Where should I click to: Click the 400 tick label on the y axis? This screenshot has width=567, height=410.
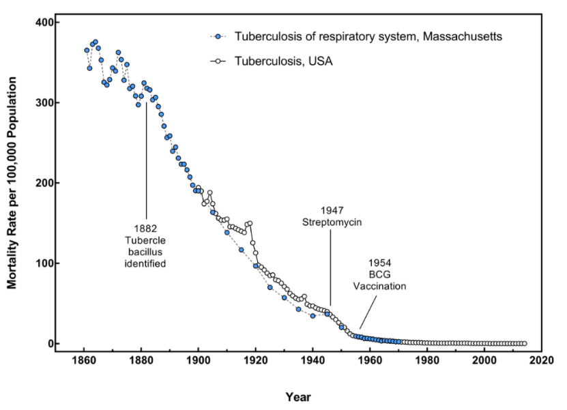pos(43,23)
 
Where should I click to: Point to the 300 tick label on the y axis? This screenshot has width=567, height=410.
pos(43,103)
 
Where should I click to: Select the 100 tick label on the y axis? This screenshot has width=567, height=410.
pos(43,263)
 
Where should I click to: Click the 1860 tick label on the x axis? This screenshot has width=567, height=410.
pos(84,360)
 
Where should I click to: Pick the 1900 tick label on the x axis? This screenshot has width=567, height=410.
pos(198,360)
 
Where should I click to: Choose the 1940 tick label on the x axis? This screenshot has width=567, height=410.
pos(312,360)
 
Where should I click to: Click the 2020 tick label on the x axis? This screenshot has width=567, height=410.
pos(541,360)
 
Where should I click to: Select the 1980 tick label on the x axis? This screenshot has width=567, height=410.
pos(427,360)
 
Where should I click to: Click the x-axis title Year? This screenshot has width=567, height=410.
pos(298,397)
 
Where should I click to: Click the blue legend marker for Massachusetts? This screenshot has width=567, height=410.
pos(218,37)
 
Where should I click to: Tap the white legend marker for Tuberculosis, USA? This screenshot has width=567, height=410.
pos(218,61)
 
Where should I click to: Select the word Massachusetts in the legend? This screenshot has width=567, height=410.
pos(463,37)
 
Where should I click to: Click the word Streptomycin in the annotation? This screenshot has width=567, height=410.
pos(332,222)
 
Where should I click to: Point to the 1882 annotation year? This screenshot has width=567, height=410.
pos(145,229)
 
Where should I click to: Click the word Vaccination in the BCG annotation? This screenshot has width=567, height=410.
pos(379,287)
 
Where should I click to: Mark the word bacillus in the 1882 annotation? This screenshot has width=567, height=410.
pos(145,252)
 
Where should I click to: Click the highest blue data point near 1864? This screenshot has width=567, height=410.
pos(96,42)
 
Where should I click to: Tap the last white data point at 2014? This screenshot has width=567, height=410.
pos(524,343)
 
